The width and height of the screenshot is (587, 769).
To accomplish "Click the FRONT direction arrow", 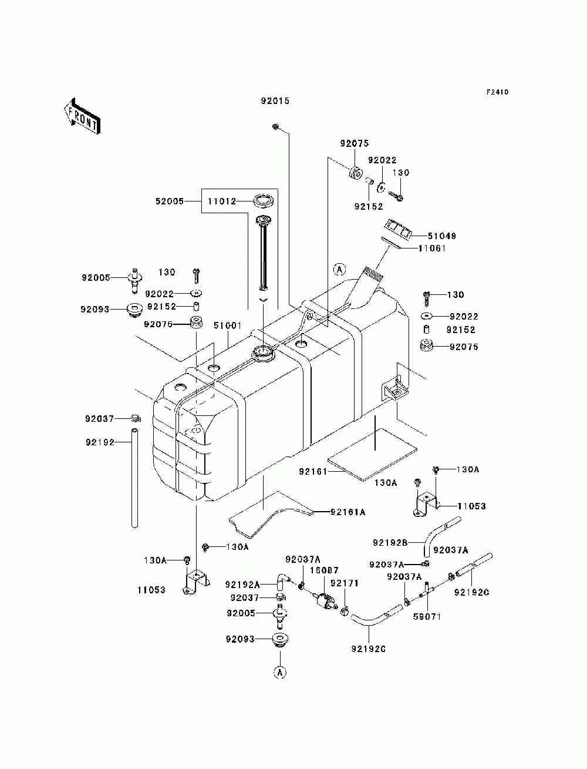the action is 83,116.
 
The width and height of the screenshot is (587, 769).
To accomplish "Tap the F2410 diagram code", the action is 497,92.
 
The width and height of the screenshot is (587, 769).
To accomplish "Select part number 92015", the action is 275,101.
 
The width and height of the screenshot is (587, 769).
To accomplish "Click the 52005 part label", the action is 170,202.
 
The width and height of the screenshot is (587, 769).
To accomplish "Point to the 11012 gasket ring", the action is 263,201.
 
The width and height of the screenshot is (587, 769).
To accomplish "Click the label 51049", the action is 442,236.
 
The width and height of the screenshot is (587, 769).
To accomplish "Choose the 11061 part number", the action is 432,249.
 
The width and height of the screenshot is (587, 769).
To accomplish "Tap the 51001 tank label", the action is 228,325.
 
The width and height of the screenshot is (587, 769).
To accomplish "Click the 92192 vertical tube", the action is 134,478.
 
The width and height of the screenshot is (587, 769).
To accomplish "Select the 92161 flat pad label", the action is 313,472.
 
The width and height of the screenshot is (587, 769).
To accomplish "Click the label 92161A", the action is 348,512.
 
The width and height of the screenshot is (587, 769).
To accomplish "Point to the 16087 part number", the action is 324,570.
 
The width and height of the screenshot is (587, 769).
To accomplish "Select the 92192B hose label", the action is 390,543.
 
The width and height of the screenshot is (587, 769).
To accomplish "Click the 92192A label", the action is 242,585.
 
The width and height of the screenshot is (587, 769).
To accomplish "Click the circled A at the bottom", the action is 279,672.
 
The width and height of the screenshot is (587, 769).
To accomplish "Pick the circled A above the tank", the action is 339,269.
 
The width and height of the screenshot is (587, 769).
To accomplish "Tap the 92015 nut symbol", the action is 275,126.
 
